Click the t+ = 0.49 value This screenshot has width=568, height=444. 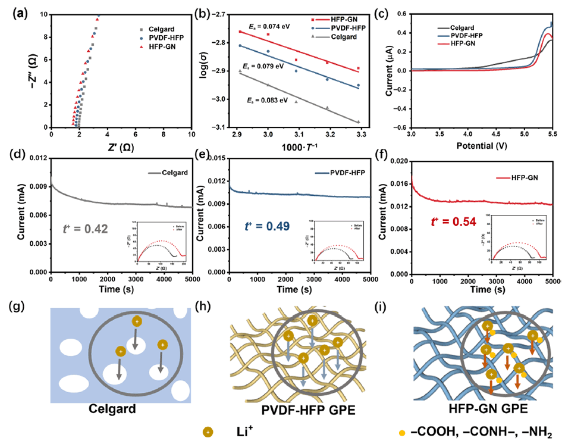[x=268, y=226]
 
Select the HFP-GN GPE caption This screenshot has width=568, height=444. [x=481, y=411]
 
